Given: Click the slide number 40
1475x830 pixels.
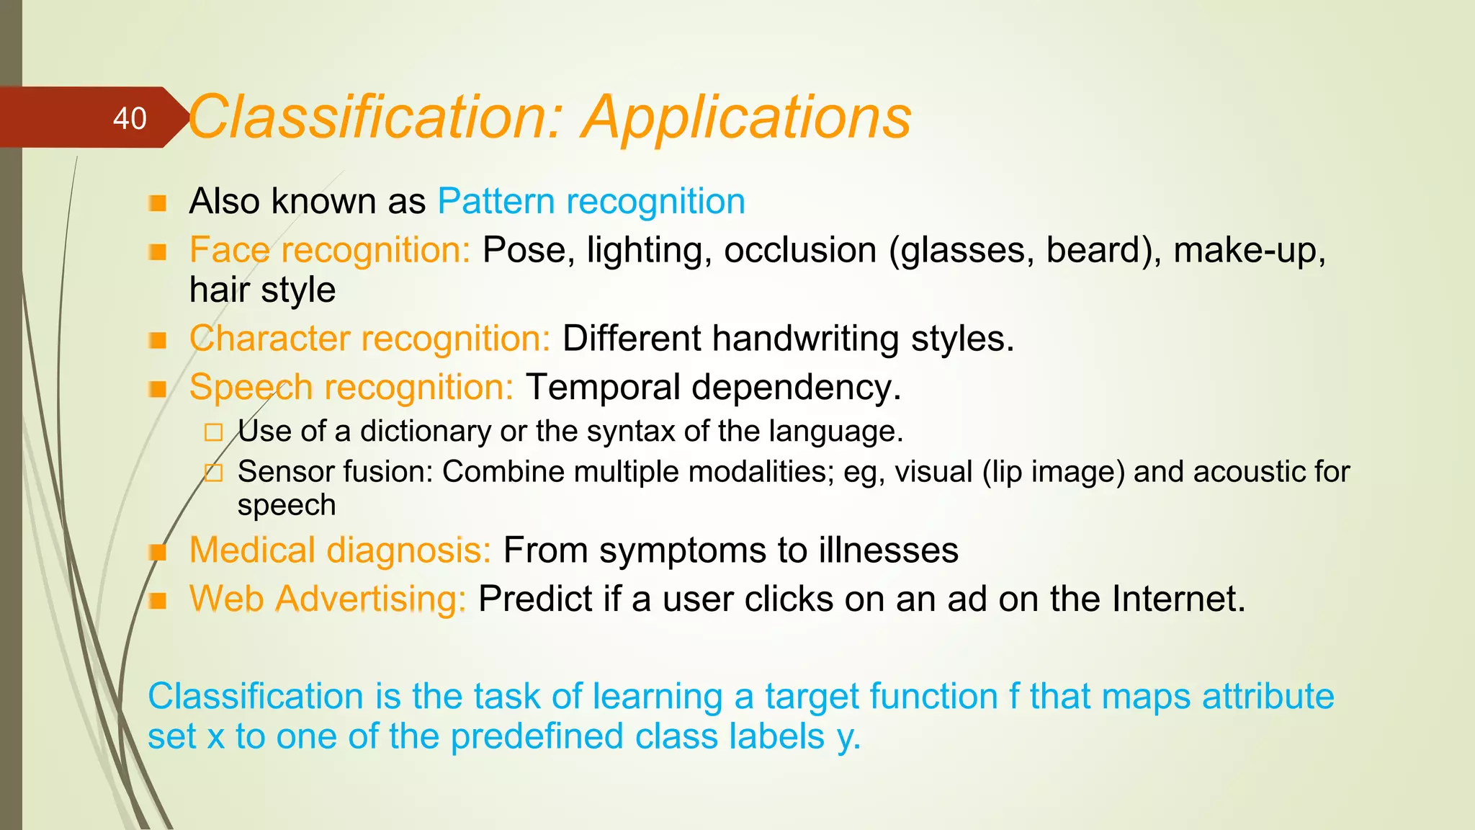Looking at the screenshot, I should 130,119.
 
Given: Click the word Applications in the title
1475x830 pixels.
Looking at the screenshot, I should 747,117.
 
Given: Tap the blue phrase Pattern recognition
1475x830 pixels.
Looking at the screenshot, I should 591,201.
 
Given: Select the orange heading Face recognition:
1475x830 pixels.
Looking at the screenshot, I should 330,251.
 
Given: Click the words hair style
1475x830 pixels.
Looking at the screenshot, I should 262,290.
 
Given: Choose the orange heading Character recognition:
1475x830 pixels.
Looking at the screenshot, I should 369,339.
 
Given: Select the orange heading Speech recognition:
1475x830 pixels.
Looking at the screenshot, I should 351,388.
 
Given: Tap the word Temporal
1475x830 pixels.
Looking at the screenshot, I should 603,388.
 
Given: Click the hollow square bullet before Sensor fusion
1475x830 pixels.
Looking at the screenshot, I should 213,473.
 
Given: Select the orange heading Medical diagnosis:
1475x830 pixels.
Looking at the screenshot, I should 340,550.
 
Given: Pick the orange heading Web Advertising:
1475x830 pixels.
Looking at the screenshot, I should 328,599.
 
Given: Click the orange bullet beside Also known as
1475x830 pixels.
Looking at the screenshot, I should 158,202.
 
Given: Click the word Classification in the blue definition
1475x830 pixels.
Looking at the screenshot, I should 255,697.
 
